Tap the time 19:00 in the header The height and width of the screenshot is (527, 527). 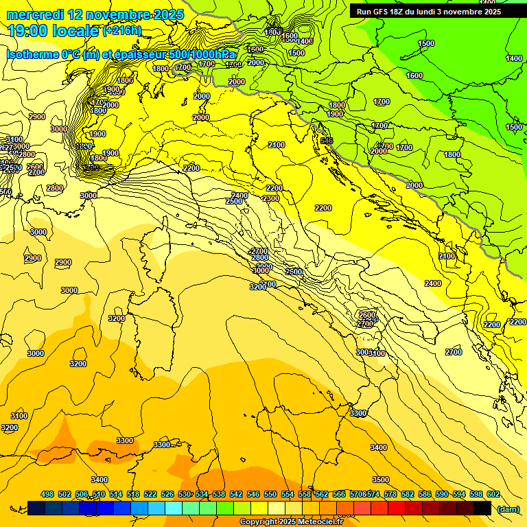coord(30,31)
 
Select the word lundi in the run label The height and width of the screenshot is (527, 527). coord(437,12)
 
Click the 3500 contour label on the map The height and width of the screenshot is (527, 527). coord(381,480)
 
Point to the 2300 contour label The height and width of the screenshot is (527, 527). coord(271,198)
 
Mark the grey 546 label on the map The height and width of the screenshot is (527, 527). coord(326,141)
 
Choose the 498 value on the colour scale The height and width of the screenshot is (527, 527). coord(47,494)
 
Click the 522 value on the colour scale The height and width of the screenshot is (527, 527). coord(150,494)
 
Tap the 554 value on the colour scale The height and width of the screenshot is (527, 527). coord(288,494)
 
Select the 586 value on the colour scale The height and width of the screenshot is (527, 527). coord(425,494)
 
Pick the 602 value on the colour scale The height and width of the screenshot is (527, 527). coord(493,494)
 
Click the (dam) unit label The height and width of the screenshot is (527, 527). coord(508,508)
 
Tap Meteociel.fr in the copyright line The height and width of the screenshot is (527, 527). coord(320,522)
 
